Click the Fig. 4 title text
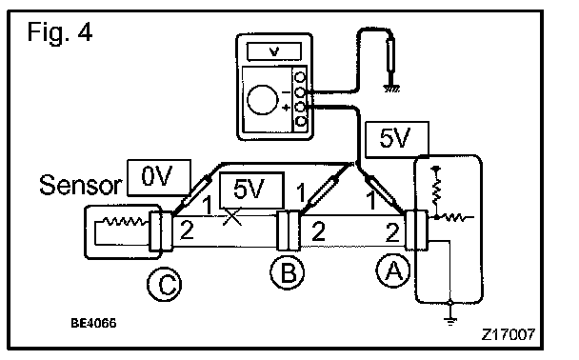tap(59, 32)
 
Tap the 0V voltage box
tap(159, 177)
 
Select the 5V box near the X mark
tap(251, 190)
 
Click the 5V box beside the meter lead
tap(397, 139)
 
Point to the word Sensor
tap(81, 185)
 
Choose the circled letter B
tap(288, 272)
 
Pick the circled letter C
tap(165, 285)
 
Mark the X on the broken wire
tap(232, 217)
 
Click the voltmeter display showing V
tap(274, 51)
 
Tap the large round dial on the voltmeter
tap(262, 100)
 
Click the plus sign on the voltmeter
tap(286, 108)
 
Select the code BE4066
tap(93, 323)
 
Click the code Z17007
tap(509, 334)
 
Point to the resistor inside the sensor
tap(124, 221)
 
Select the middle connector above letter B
tap(289, 230)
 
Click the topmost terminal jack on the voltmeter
tap(300, 77)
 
